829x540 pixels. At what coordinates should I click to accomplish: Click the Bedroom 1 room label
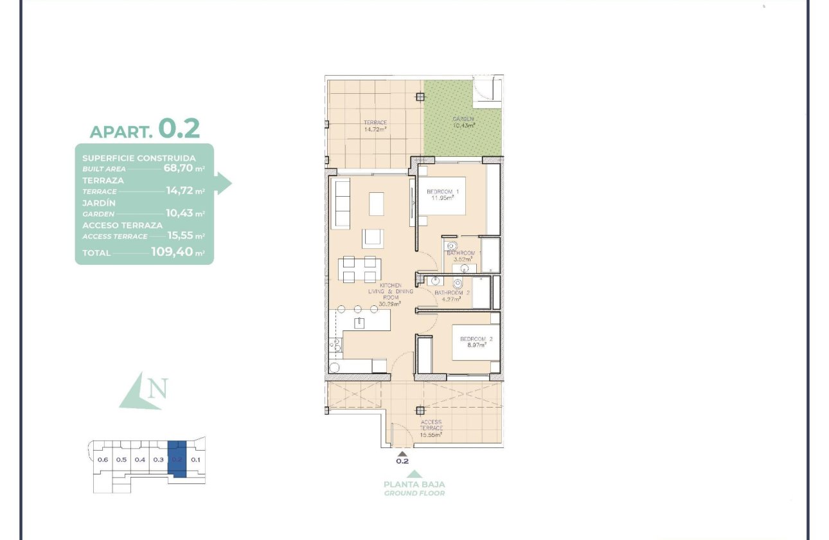tap(443, 192)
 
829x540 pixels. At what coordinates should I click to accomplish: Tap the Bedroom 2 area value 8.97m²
tap(476, 345)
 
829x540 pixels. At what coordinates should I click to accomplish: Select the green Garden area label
tap(463, 119)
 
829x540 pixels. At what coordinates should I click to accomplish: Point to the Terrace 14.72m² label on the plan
tap(375, 125)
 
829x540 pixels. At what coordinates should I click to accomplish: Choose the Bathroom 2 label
tap(452, 292)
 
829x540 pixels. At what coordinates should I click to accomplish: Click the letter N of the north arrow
tap(158, 388)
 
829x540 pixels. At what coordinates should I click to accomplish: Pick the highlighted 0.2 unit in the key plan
tap(177, 459)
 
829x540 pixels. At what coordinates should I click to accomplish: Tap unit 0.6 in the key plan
tap(102, 460)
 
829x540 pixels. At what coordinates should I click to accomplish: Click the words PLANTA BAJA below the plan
tap(414, 484)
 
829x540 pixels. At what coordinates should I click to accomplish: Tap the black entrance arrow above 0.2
tap(403, 453)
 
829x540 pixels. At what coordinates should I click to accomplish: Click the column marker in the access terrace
tap(420, 409)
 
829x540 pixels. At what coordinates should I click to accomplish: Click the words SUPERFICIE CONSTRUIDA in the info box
tap(139, 157)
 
